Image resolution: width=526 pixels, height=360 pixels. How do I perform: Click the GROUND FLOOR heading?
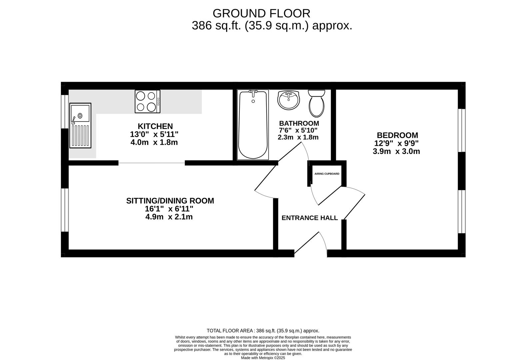click(x=261, y=13)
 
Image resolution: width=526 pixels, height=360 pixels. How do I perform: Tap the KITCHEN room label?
click(x=155, y=126)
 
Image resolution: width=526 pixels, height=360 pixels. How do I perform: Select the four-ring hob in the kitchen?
click(x=147, y=101)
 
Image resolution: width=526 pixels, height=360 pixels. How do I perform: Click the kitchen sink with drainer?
click(x=80, y=125)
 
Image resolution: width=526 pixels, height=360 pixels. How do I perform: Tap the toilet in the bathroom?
click(x=316, y=103)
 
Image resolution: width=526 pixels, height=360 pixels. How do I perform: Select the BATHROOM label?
click(x=299, y=123)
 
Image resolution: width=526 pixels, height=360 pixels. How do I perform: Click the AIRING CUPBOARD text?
click(x=327, y=174)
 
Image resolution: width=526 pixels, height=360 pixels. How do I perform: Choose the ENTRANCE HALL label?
click(x=309, y=218)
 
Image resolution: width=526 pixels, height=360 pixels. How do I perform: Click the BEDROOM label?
click(x=397, y=135)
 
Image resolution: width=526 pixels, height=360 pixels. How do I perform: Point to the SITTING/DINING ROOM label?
click(x=170, y=201)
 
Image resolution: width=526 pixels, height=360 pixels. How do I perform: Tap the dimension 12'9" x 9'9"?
click(x=396, y=143)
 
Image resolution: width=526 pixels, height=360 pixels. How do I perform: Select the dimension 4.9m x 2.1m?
click(x=169, y=217)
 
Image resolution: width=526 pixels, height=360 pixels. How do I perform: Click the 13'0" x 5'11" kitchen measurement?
click(x=154, y=134)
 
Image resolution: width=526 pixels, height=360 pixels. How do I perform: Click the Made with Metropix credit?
click(x=263, y=358)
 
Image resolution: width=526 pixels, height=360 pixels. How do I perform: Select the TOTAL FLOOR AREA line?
click(x=263, y=331)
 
